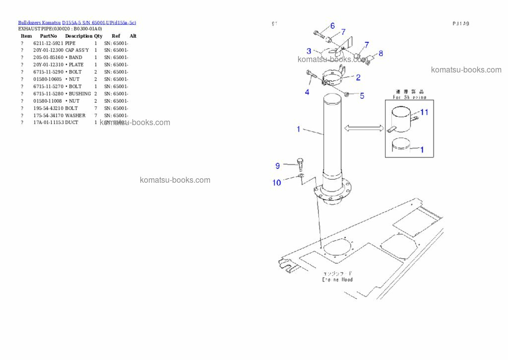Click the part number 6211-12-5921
click(48, 43)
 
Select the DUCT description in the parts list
click(71, 123)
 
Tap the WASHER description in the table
click(75, 115)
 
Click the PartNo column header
click(48, 36)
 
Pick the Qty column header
click(98, 36)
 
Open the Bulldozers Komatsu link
click(39, 23)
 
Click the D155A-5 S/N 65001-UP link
click(99, 23)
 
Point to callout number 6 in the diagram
click(332, 26)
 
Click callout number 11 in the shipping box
click(424, 112)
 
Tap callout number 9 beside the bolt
click(278, 165)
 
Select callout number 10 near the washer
click(277, 183)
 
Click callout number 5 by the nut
click(362, 96)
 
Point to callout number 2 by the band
click(358, 77)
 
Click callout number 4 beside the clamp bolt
click(307, 92)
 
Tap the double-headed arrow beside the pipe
click(364, 129)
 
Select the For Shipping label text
click(409, 98)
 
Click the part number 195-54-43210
click(48, 108)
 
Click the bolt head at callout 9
click(300, 160)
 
